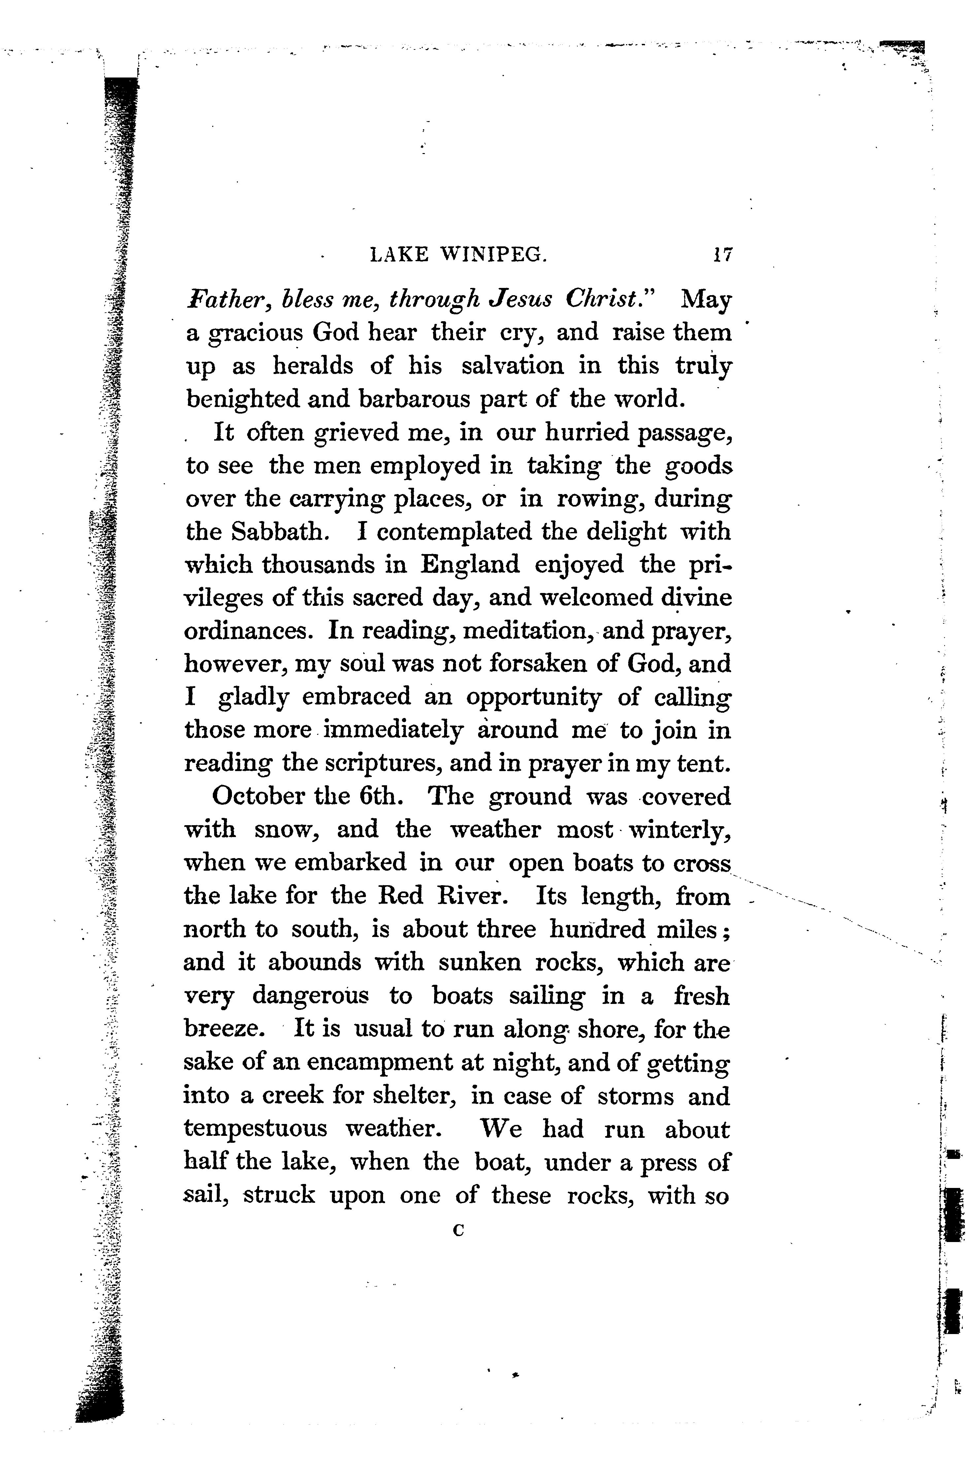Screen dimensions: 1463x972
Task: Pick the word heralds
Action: (x=313, y=366)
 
